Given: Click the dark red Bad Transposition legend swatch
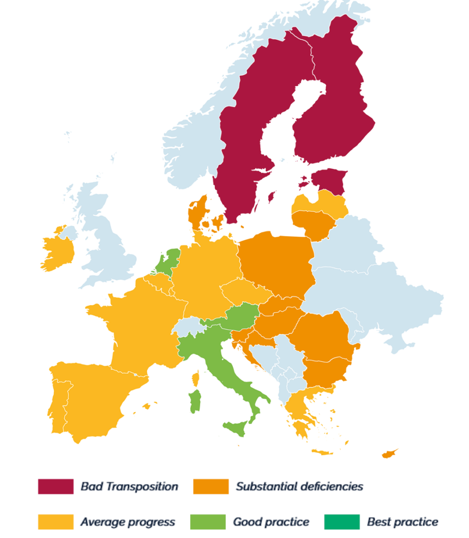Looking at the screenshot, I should click(55, 486).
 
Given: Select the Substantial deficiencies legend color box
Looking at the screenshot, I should click(211, 486).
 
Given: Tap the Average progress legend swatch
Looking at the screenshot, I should click(55, 522).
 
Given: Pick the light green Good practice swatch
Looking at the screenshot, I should click(207, 522).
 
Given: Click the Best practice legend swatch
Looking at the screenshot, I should click(342, 522).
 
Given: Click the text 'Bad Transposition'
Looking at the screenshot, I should click(129, 486).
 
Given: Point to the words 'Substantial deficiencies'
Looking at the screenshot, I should click(299, 486).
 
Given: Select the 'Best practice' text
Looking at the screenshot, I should click(402, 522).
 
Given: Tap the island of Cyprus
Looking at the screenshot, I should click(389, 454).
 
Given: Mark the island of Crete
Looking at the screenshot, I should click(322, 451).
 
